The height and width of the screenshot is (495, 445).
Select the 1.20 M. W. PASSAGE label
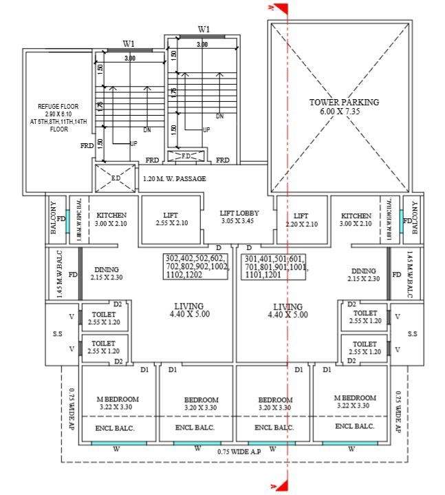(x=174, y=180)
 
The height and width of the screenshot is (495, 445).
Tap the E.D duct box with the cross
(x=116, y=179)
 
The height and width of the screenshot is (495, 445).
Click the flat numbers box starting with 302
(x=196, y=266)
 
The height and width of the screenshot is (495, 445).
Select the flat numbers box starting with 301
(x=274, y=266)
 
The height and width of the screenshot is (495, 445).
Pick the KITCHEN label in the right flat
(x=356, y=220)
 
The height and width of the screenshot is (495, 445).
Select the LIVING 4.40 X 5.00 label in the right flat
(x=287, y=310)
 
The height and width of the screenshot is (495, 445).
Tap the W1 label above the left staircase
(x=129, y=44)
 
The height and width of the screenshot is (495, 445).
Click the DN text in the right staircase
(x=219, y=116)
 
